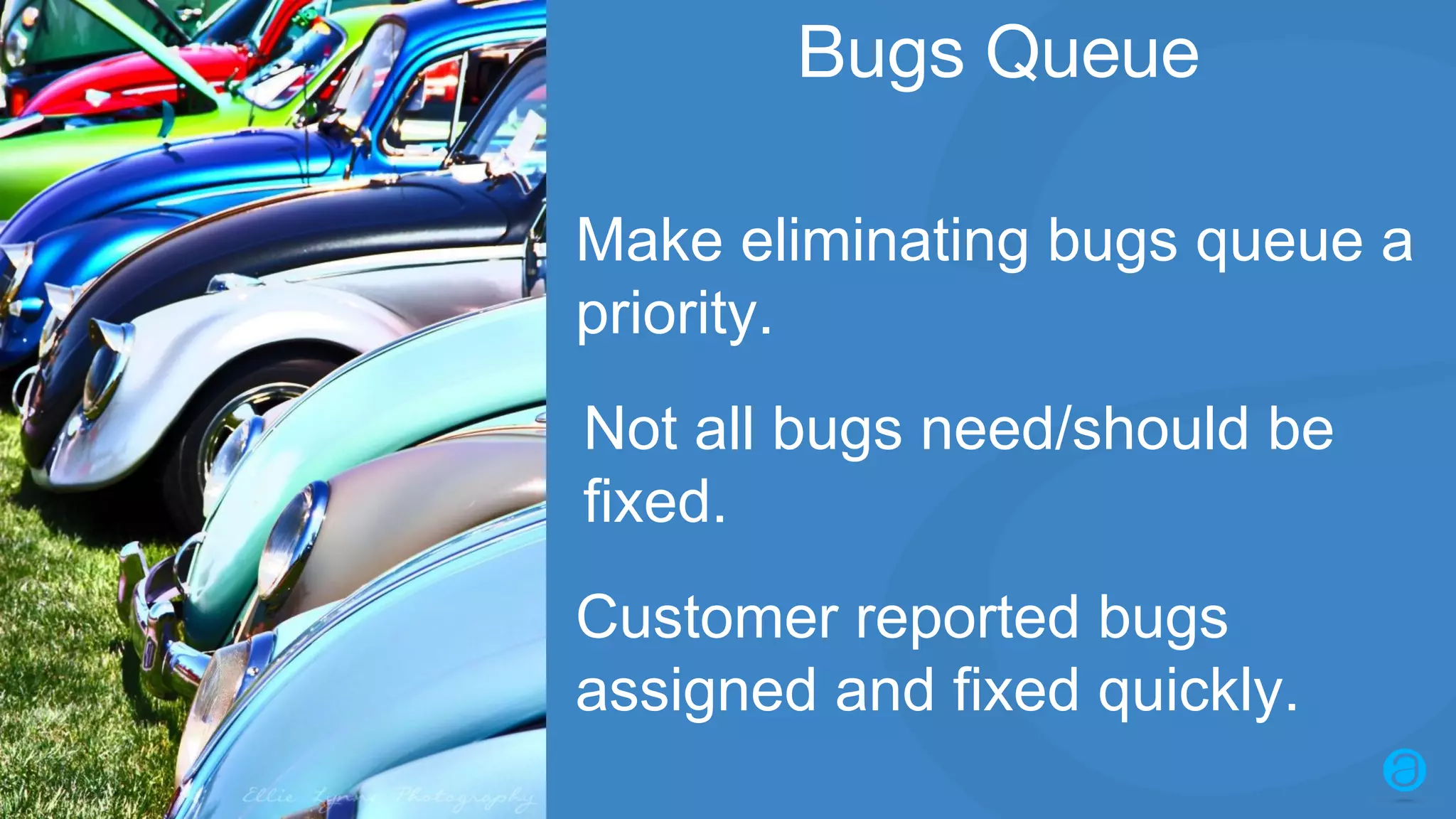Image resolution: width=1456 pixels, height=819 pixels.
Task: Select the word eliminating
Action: pyautogui.click(x=884, y=242)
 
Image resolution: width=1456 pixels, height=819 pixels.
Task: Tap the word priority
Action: pyautogui.click(x=673, y=314)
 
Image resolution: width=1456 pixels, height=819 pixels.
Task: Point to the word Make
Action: pyautogui.click(x=649, y=242)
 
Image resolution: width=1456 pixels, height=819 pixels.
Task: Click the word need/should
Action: pyautogui.click(x=1084, y=429)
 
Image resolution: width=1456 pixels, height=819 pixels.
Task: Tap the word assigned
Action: pyautogui.click(x=695, y=691)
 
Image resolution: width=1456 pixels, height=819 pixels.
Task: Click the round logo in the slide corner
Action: pyautogui.click(x=1404, y=770)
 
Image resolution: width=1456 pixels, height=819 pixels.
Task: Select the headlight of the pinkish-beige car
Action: pyautogui.click(x=291, y=540)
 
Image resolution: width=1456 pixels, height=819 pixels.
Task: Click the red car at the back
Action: pyautogui.click(x=142, y=78)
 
